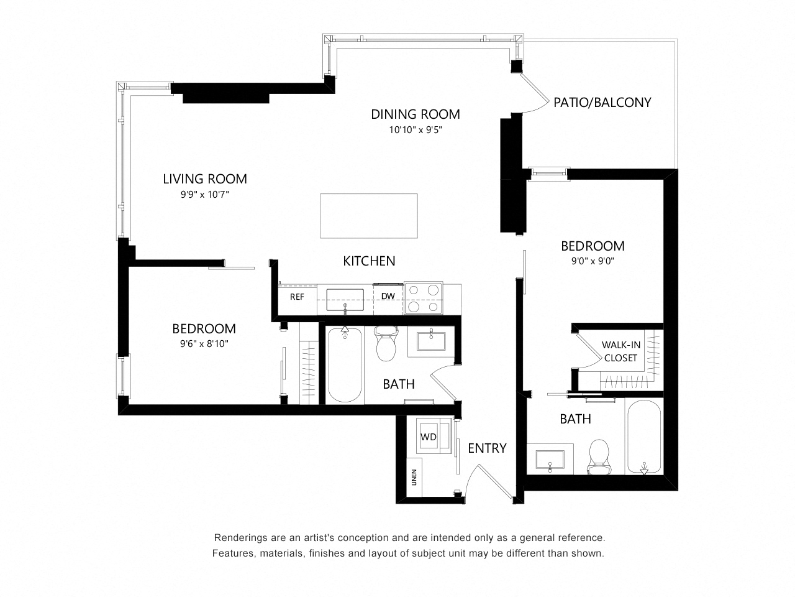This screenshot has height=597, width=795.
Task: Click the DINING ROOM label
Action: pyautogui.click(x=415, y=114)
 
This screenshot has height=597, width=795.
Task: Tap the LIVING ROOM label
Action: pyautogui.click(x=204, y=179)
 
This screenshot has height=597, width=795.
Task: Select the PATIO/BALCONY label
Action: pyautogui.click(x=602, y=103)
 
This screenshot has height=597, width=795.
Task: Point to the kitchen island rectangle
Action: pyautogui.click(x=369, y=216)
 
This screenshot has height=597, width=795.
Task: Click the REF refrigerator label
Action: pyautogui.click(x=297, y=297)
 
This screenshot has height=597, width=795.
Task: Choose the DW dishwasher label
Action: pyautogui.click(x=388, y=296)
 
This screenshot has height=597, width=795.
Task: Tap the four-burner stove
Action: pyautogui.click(x=424, y=298)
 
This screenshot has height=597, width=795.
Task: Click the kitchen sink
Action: pyautogui.click(x=345, y=300)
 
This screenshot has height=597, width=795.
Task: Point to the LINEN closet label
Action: pyautogui.click(x=414, y=477)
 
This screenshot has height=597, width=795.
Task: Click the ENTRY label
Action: pyautogui.click(x=487, y=448)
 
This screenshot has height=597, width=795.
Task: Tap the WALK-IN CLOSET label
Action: pyautogui.click(x=621, y=351)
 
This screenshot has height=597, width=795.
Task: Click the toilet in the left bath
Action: pyautogui.click(x=386, y=343)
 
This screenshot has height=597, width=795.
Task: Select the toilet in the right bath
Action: pyautogui.click(x=599, y=456)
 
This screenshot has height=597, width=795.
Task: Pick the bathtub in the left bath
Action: pyautogui.click(x=345, y=364)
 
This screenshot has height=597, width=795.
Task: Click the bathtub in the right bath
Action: pyautogui.click(x=644, y=437)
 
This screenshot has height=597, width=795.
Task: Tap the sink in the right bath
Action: pyautogui.click(x=550, y=460)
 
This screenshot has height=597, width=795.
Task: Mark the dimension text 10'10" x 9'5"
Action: pyautogui.click(x=416, y=130)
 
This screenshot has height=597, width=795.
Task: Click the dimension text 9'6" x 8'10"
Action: pyautogui.click(x=204, y=344)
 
